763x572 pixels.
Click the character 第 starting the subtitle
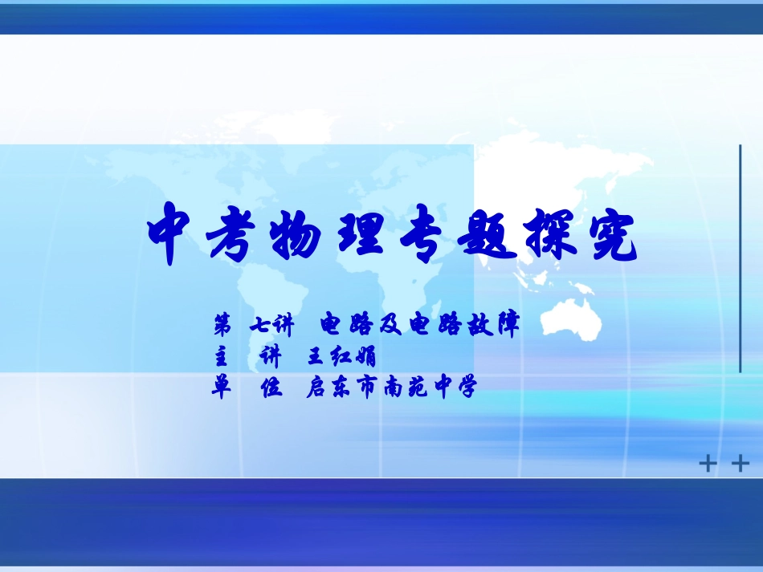point(222,325)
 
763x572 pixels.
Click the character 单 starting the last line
point(222,388)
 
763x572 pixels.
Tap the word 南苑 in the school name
point(409,388)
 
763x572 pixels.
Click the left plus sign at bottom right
point(708,464)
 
